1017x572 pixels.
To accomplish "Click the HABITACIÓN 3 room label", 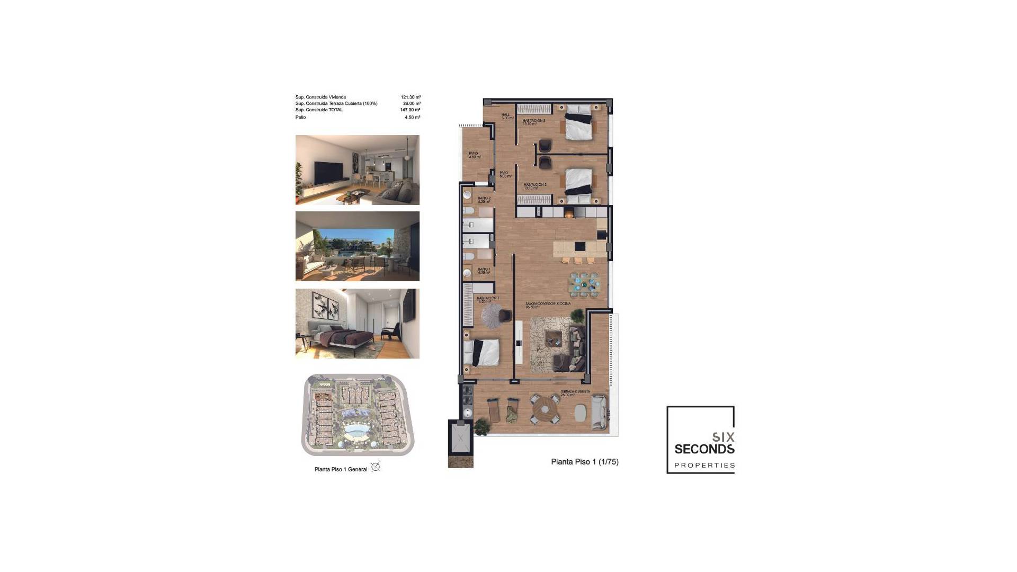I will pos(533,121).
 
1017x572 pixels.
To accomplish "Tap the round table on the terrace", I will pos(545,409).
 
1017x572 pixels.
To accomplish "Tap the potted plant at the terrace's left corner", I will pos(482,425).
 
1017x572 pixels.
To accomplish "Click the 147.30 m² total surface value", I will pos(410,110).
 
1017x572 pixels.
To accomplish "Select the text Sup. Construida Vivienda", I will pos(320,97).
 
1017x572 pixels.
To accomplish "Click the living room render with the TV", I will pos(358,169).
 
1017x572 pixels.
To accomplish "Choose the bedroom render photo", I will pos(358,324).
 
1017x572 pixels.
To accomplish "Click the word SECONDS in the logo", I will pos(704,450).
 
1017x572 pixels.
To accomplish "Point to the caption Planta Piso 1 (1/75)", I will pos(585,462).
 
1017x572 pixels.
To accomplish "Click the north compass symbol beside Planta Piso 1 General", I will pos(376,467).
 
